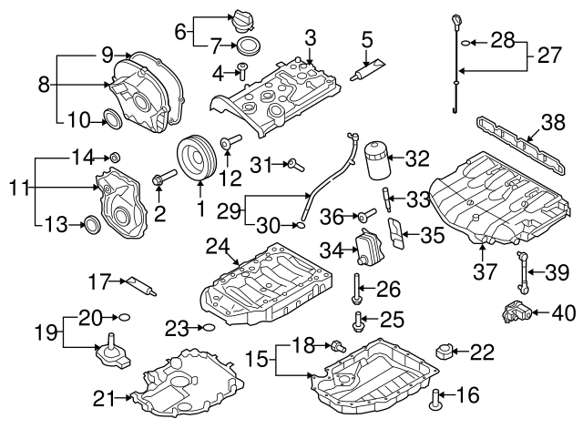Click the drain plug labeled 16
coord(436,396)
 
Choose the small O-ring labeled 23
coord(207,328)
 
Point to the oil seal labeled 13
coord(91,224)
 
